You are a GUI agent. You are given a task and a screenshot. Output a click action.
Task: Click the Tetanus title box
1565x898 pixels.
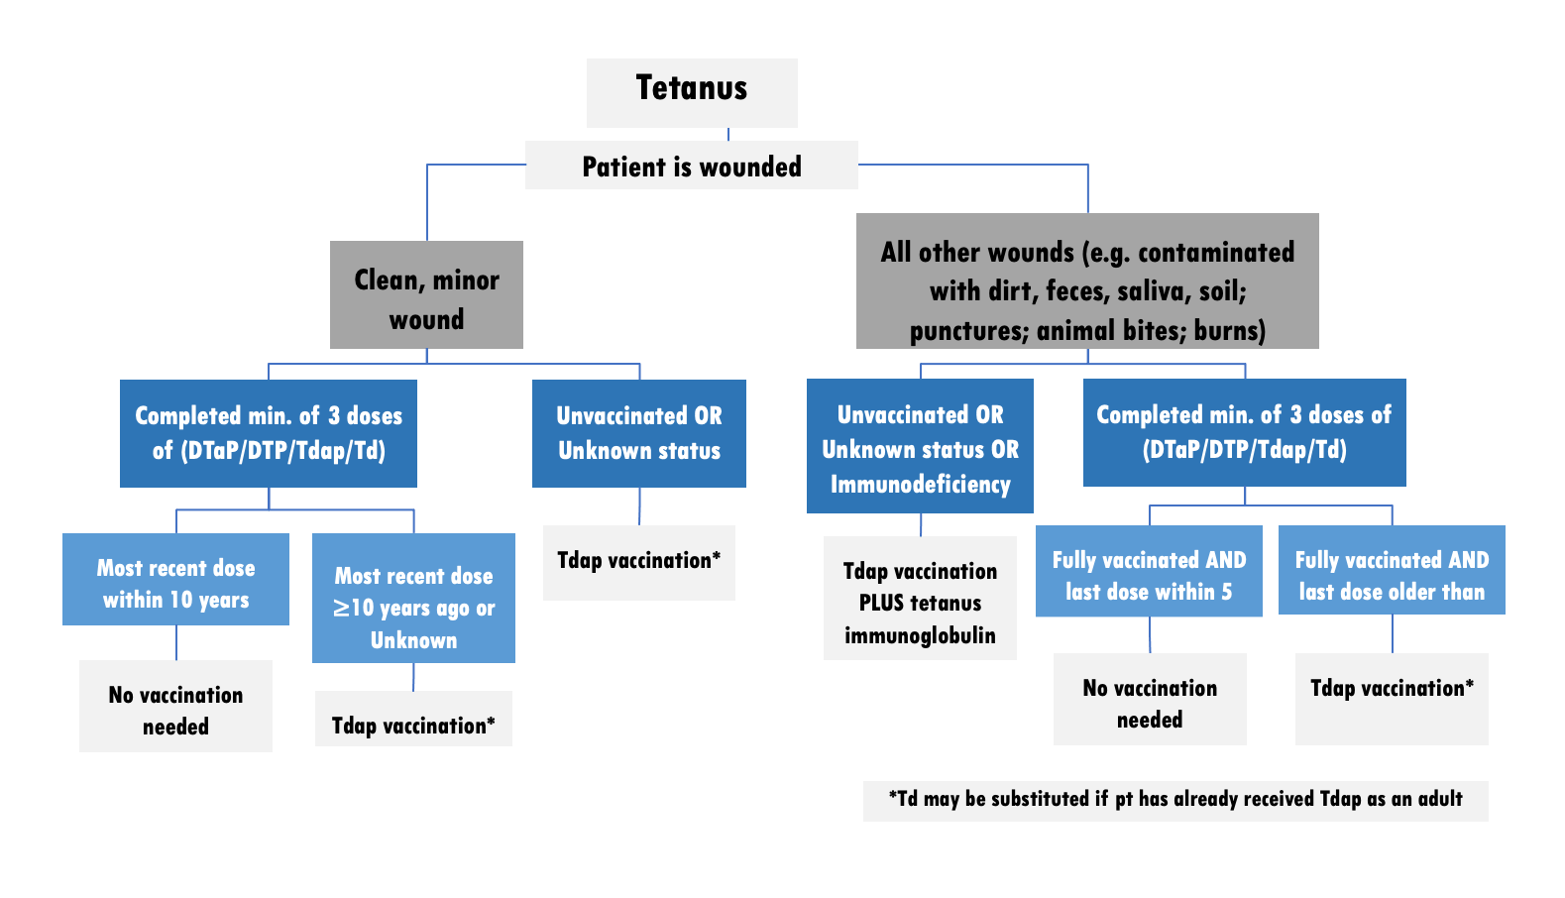tap(692, 92)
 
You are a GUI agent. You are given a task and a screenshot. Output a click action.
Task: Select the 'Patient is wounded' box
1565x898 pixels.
tap(692, 166)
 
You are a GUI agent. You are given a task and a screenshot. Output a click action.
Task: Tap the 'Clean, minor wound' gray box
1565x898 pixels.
tap(426, 295)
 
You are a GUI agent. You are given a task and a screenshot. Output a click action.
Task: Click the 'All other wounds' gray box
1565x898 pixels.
tap(1087, 281)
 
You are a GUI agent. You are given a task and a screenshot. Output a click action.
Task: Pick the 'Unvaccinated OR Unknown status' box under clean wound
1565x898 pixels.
tap(639, 433)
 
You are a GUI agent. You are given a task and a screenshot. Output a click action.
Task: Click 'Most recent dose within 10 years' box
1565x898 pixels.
tap(175, 580)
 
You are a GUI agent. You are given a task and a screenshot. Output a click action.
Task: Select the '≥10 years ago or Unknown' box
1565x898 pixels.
tap(413, 599)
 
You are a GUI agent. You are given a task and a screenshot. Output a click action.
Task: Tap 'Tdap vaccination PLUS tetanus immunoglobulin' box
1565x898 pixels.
tap(920, 598)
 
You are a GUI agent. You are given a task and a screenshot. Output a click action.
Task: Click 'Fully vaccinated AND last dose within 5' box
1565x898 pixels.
tap(1149, 572)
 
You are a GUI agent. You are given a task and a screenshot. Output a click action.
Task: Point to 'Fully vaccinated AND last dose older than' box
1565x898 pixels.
tap(1392, 571)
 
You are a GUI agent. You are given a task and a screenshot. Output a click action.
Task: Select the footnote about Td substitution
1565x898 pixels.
tap(1175, 800)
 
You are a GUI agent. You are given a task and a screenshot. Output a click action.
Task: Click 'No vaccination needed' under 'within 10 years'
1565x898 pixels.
tap(175, 707)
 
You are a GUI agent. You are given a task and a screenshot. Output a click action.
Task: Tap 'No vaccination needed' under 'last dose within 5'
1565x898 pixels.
tap(1150, 700)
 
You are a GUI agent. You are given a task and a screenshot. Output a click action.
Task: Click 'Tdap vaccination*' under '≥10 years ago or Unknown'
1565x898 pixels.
tap(413, 721)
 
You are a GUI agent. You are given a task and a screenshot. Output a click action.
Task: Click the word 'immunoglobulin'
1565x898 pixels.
tap(920, 635)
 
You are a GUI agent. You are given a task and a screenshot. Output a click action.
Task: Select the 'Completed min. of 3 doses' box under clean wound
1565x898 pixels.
tap(269, 433)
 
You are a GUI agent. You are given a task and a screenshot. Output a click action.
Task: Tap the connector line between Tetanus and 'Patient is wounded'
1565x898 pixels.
tap(728, 134)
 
